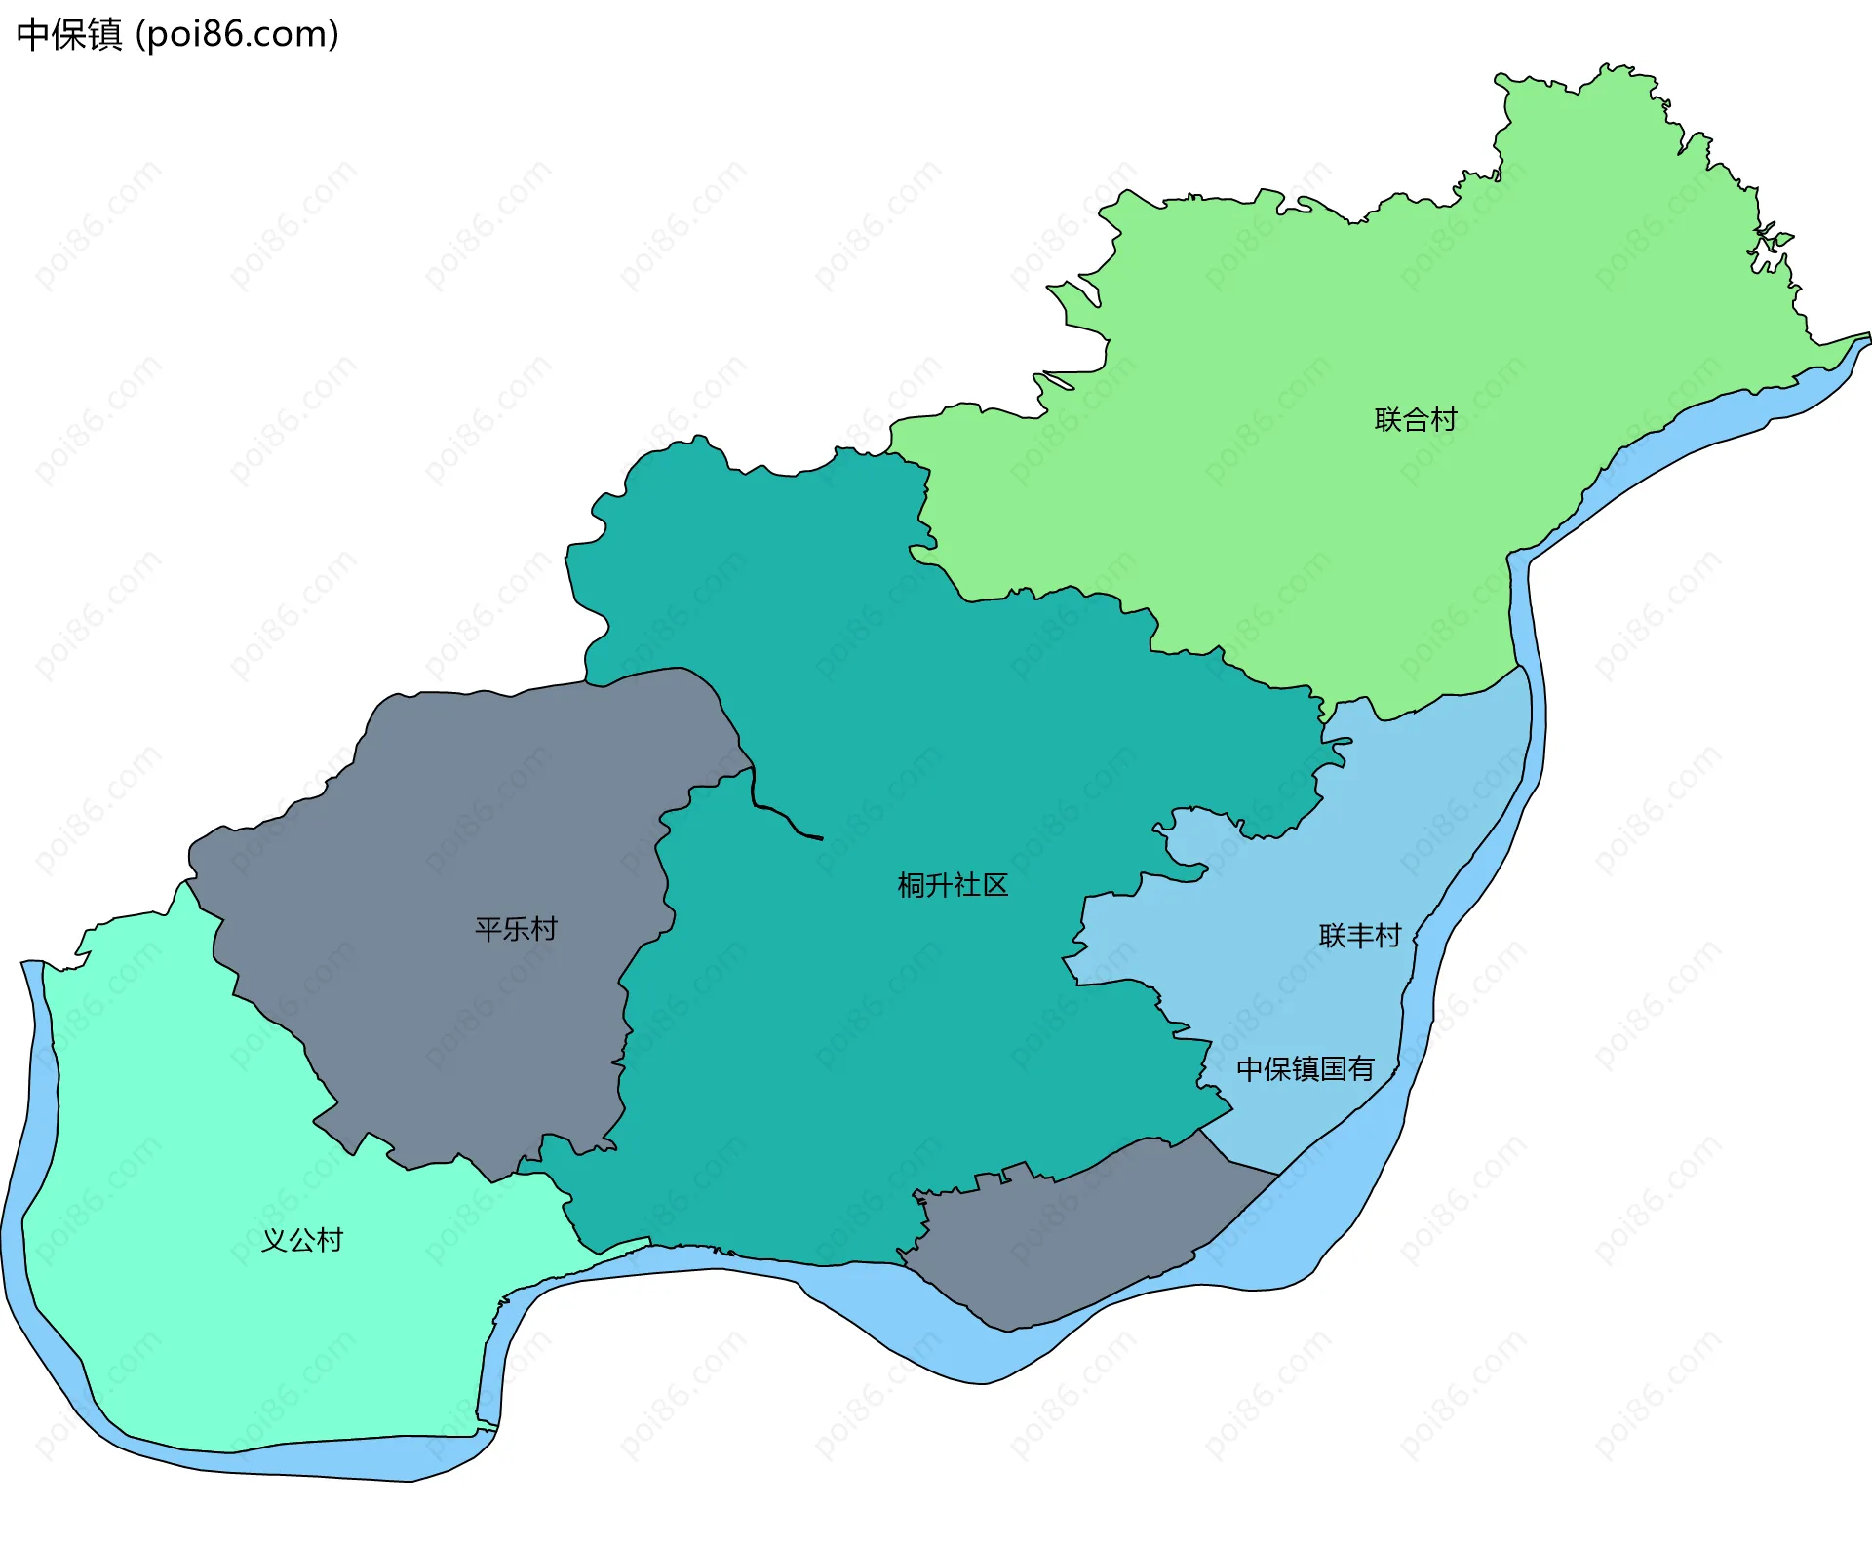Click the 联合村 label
[x=1415, y=420]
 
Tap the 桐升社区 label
[x=953, y=885]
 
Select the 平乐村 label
[x=516, y=929]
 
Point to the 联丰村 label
[x=1359, y=936]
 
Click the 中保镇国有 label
[x=1305, y=1069]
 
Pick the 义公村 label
[x=302, y=1240]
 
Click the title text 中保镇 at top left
[x=69, y=35]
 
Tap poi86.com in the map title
[x=237, y=35]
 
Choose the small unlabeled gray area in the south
[x=1072, y=1238]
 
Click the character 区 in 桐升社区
[x=994, y=885]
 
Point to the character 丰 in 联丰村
[x=1359, y=936]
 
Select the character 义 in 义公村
[x=275, y=1240]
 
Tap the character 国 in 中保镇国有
[x=1333, y=1069]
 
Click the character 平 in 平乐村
[x=488, y=929]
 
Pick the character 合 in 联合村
[x=1415, y=420]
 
